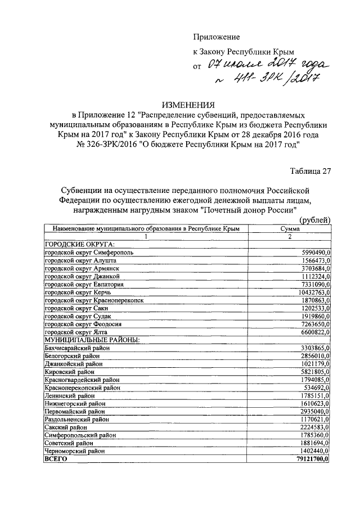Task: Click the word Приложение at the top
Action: click(217, 37)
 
